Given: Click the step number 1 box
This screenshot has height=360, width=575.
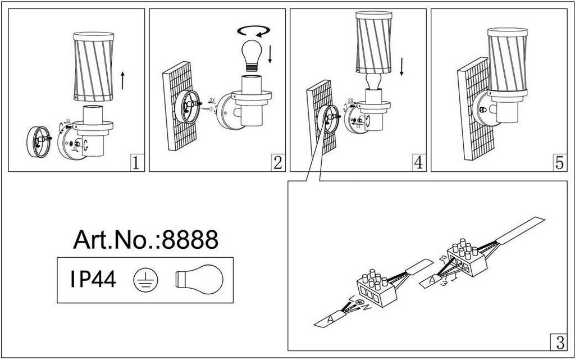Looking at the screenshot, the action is pyautogui.click(x=135, y=163).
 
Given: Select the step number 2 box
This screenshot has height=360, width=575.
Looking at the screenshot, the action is pyautogui.click(x=277, y=163).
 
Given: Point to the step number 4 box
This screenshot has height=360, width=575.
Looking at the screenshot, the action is pyautogui.click(x=417, y=163).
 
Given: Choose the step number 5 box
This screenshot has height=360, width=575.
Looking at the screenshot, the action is pyautogui.click(x=559, y=163).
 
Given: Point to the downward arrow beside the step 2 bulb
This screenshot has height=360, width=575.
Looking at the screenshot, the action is pyautogui.click(x=271, y=53).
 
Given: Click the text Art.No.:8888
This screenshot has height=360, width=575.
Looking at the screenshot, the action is pyautogui.click(x=145, y=240).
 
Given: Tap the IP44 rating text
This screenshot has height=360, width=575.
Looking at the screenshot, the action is pyautogui.click(x=94, y=279).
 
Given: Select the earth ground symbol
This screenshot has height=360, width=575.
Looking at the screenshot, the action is pyautogui.click(x=146, y=279).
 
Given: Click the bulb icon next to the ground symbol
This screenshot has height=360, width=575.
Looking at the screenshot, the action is pyautogui.click(x=199, y=279).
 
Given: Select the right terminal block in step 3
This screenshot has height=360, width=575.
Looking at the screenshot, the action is pyautogui.click(x=466, y=257).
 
